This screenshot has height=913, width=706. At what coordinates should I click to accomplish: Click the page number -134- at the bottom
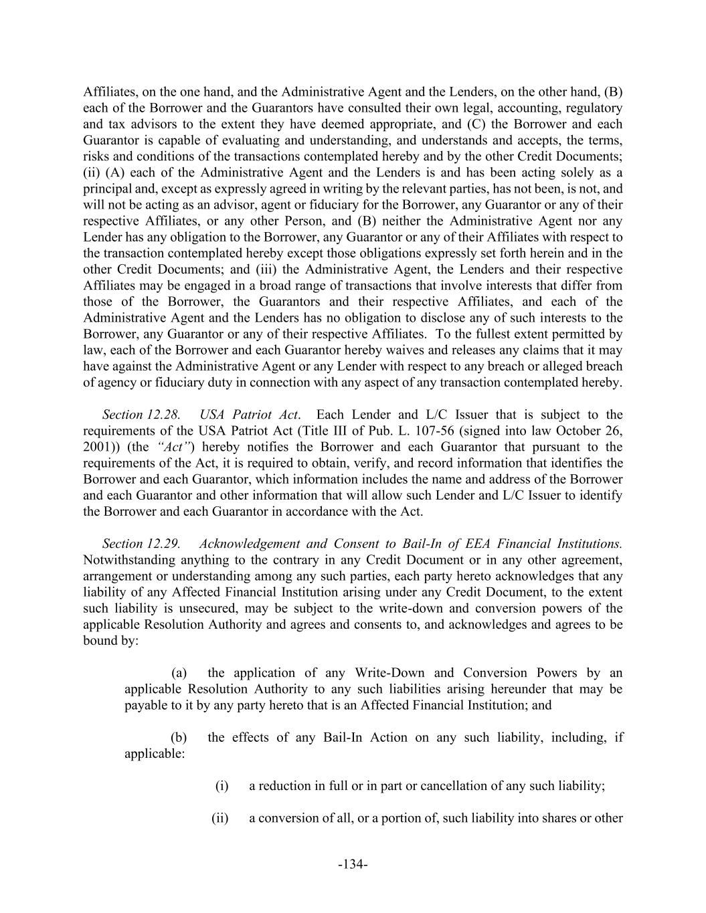coord(353,864)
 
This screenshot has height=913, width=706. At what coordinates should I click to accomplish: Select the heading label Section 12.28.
coord(141,415)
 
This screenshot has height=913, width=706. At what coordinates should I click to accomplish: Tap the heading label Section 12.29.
coord(141,544)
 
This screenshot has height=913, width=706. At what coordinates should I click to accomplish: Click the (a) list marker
coord(179,673)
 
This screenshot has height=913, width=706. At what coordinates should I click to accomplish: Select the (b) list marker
coord(179,738)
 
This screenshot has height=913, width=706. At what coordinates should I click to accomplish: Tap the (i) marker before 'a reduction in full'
coord(222,786)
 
